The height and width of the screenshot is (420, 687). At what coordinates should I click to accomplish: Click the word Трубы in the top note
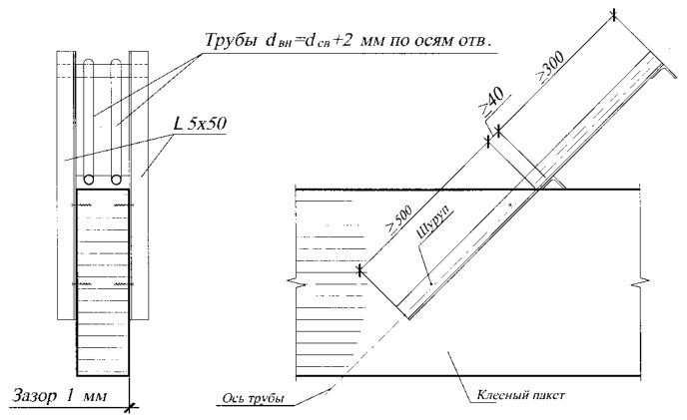click(x=231, y=40)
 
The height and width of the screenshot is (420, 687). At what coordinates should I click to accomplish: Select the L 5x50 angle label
click(x=200, y=124)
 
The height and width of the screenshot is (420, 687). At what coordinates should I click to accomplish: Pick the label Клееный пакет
click(x=520, y=395)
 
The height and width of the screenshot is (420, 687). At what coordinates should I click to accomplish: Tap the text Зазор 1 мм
click(x=59, y=396)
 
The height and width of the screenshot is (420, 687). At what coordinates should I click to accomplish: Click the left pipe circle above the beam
click(x=89, y=180)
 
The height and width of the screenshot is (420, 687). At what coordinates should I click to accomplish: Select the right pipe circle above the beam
click(x=116, y=180)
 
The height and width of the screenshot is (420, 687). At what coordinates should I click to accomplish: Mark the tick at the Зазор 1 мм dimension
click(x=129, y=408)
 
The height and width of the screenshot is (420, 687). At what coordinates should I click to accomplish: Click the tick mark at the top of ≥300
click(x=614, y=15)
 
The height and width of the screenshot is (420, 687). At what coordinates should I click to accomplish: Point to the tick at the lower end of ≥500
click(x=359, y=271)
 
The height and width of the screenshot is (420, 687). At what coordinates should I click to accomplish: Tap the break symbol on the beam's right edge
click(x=640, y=282)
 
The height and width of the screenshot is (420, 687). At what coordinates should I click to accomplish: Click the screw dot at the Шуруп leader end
click(x=431, y=283)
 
